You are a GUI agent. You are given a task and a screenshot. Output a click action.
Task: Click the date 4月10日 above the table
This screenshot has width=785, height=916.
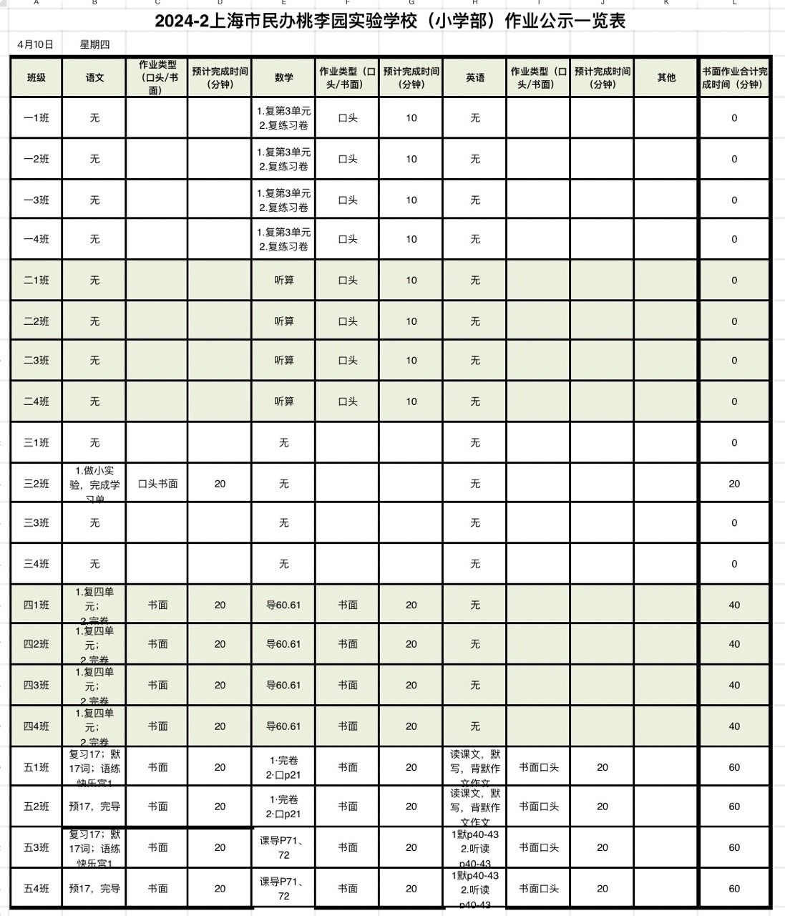[35, 44]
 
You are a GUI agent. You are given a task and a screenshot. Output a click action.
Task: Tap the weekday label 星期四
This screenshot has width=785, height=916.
[94, 44]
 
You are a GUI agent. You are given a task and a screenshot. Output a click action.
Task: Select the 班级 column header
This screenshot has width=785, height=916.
[36, 77]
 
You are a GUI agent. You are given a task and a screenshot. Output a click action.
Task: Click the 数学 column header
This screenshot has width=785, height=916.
[283, 77]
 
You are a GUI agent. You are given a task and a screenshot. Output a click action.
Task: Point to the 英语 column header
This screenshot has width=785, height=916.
[474, 77]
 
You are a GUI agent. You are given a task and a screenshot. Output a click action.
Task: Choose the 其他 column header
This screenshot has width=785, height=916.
[666, 77]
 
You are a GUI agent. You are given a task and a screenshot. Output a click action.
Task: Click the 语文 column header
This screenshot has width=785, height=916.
[94, 77]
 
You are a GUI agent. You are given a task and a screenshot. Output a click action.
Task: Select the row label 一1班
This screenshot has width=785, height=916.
[36, 118]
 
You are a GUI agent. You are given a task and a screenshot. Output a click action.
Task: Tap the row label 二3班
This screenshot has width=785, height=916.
[36, 361]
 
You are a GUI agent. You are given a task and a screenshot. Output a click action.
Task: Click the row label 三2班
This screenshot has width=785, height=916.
[36, 484]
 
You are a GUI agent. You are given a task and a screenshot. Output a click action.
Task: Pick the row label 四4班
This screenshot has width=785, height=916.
[36, 726]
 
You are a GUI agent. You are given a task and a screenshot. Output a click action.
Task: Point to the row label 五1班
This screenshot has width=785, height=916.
[36, 767]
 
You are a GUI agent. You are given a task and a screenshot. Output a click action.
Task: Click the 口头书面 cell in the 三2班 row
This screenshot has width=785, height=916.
[157, 484]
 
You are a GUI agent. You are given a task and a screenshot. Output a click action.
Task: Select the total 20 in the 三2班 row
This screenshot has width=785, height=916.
[734, 484]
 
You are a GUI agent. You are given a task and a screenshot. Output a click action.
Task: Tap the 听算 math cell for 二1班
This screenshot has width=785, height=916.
[283, 281]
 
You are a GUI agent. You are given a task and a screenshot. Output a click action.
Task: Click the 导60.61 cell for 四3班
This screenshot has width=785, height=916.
[283, 685]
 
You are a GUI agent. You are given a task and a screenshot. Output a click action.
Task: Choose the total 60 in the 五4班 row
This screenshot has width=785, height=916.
[734, 889]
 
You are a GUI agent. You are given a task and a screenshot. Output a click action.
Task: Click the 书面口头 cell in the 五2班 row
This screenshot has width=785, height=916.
[538, 807]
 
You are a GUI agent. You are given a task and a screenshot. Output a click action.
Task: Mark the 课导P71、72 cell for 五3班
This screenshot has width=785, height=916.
[283, 847]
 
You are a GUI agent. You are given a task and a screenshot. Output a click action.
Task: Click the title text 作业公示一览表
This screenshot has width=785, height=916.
[565, 21]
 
